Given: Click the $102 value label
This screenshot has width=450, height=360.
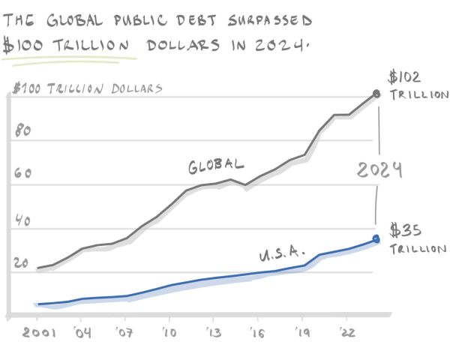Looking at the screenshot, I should pos(406,76).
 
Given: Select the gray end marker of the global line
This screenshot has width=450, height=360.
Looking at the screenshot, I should pos(376,94).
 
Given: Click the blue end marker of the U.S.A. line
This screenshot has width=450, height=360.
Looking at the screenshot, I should pos(376,239).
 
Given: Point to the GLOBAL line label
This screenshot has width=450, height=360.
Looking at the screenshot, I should pos(216,166).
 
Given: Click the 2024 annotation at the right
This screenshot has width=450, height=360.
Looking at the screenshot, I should pos(379,170).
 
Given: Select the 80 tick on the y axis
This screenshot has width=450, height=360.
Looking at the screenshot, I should pos(22,130).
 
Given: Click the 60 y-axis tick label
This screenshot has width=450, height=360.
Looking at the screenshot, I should pos(22,174).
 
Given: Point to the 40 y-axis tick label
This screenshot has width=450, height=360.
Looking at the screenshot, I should pos(22,223).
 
